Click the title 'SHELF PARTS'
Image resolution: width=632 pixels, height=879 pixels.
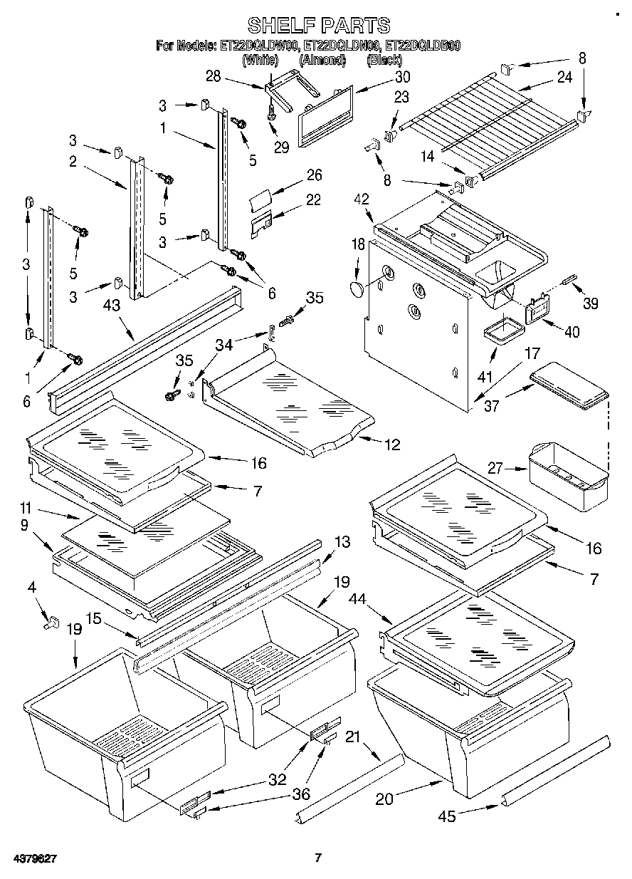(x=318, y=26)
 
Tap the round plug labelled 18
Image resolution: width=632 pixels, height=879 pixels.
(x=358, y=288)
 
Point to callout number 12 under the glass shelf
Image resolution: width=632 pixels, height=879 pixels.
(x=392, y=445)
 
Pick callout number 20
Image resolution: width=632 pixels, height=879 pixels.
(x=385, y=799)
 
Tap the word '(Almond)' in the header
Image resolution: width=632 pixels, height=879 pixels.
(x=322, y=61)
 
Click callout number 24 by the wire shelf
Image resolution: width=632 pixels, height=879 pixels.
(x=564, y=78)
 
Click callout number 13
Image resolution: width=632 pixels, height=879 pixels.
(x=342, y=542)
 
